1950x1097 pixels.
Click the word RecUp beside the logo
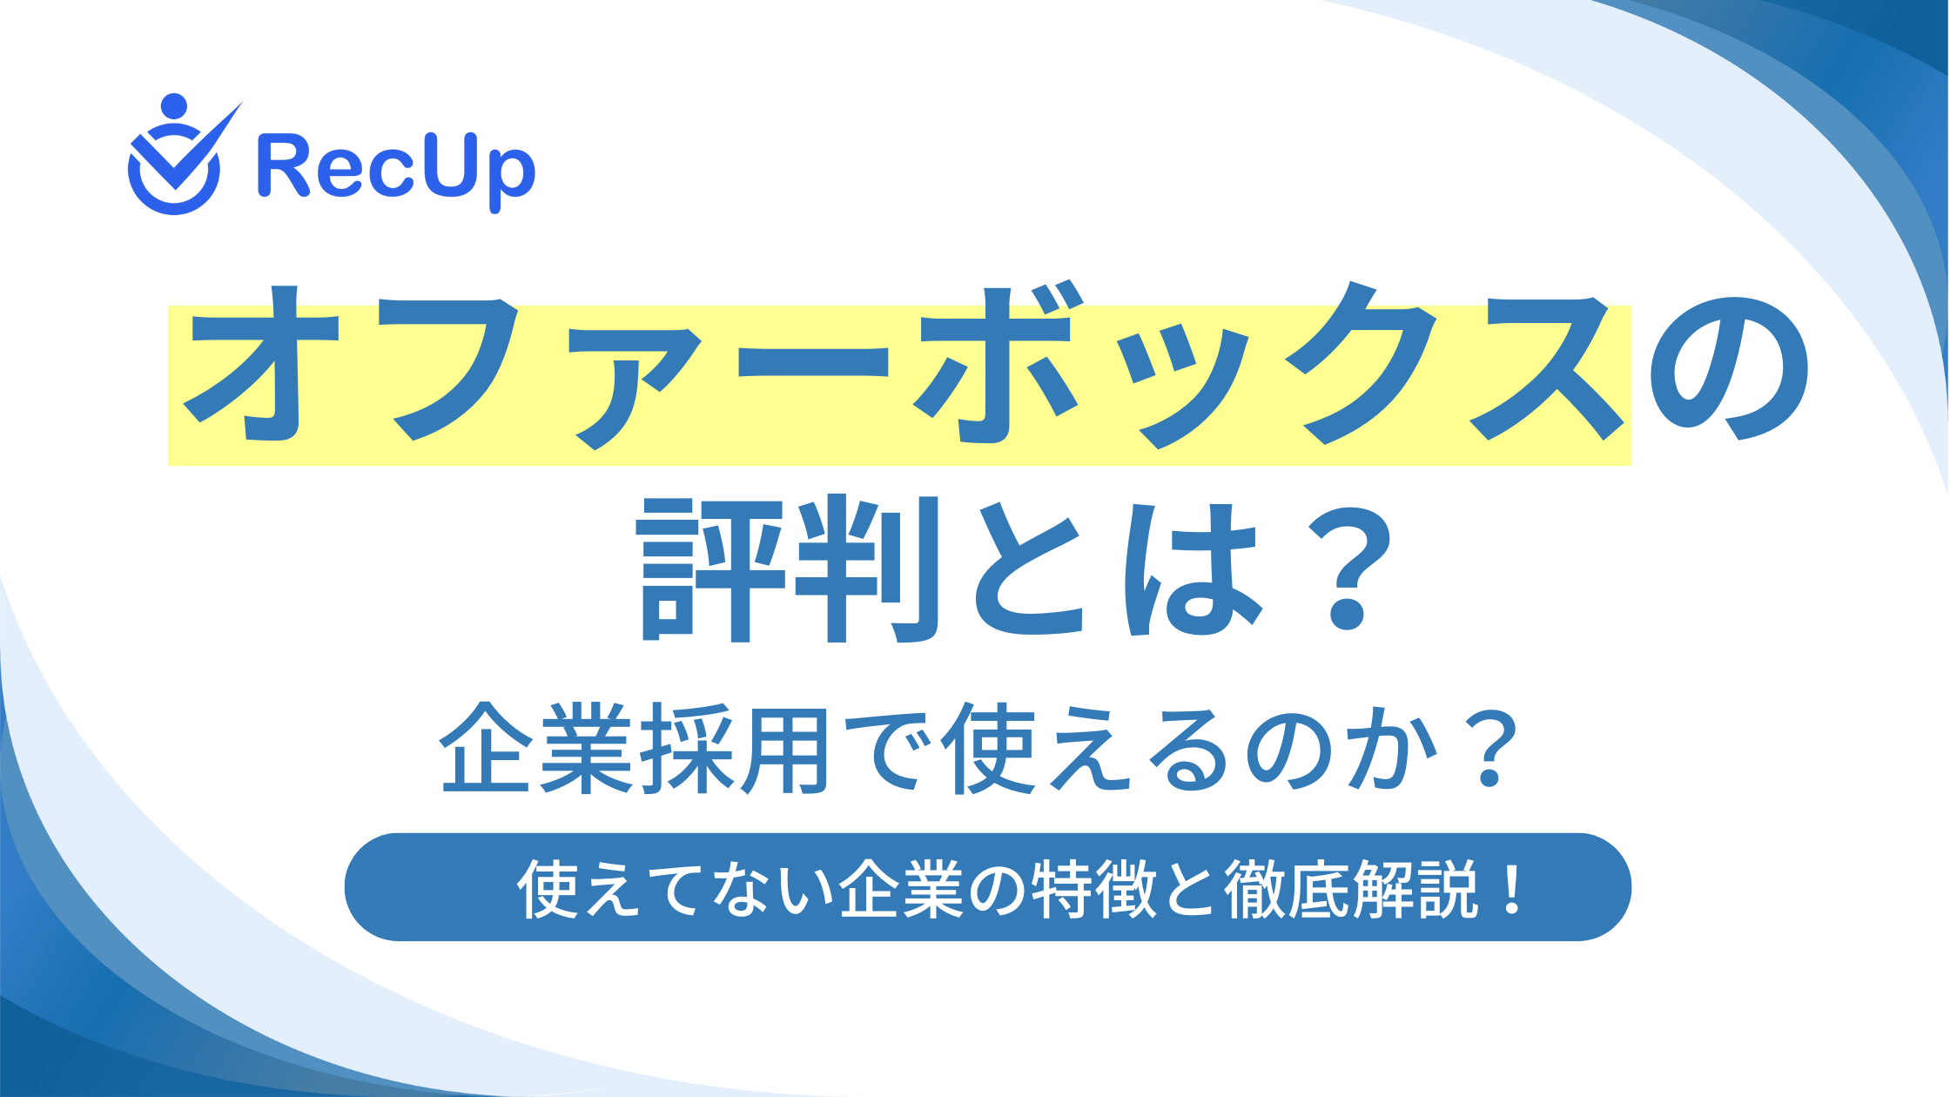[396, 172]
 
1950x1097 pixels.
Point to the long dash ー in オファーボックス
[813, 363]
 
